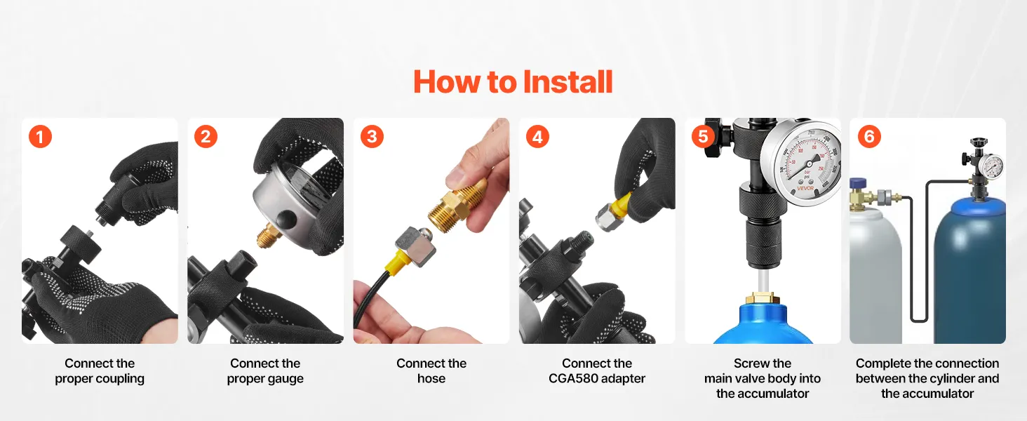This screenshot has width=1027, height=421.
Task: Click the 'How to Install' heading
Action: tap(513, 81)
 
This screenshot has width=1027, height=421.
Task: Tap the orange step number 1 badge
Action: tap(41, 137)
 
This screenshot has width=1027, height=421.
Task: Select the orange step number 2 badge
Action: tap(206, 137)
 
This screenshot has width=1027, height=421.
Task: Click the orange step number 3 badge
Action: tap(372, 137)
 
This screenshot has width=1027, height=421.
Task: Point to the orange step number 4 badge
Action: tap(538, 137)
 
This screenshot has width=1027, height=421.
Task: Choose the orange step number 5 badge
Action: tap(704, 137)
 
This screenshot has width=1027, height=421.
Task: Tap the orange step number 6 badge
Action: tap(869, 137)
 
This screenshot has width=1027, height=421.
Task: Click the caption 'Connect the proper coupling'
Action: tap(100, 371)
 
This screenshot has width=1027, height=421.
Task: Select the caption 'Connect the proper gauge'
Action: tap(265, 371)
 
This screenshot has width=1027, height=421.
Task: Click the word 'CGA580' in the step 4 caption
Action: tap(572, 378)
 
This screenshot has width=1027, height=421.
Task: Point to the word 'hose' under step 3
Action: tap(431, 378)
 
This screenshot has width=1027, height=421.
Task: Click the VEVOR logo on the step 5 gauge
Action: tap(805, 188)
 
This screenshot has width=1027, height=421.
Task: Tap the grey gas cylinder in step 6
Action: tap(875, 274)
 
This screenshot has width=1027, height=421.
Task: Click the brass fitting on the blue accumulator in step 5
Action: tap(762, 298)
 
